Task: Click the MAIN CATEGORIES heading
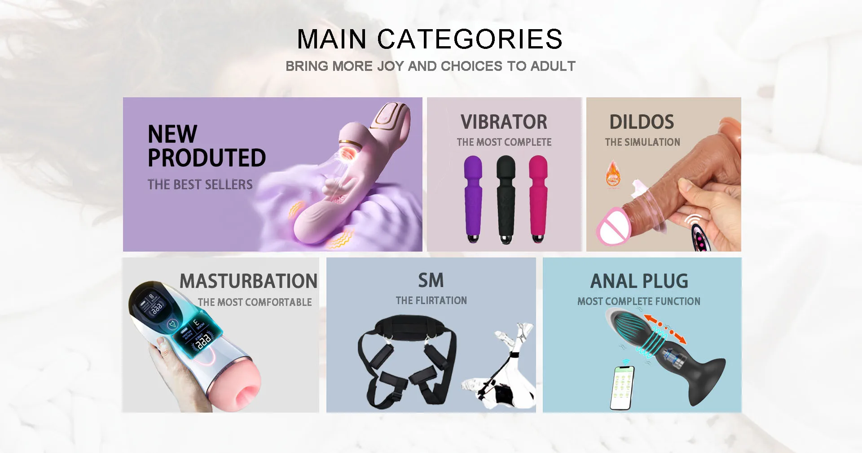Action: click(430, 39)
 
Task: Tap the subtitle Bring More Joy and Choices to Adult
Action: click(431, 66)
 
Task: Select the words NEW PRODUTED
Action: click(207, 146)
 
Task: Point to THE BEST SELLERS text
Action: click(200, 184)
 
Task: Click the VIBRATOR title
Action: click(504, 122)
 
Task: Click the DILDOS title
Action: click(642, 122)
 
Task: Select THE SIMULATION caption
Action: click(642, 142)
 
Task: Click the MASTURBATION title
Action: click(249, 281)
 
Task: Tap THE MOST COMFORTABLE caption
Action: click(255, 302)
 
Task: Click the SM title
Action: click(431, 280)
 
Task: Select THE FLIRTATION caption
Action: click(431, 301)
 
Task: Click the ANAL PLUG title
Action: click(639, 281)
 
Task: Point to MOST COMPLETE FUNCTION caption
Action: click(639, 301)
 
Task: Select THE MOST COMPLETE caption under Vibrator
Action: click(504, 142)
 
